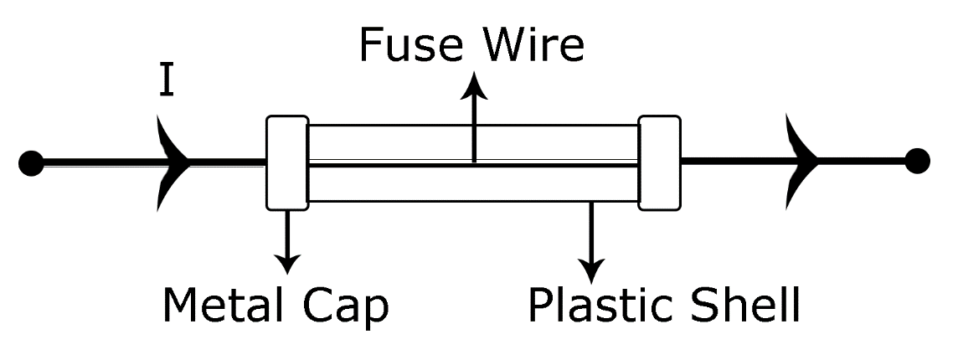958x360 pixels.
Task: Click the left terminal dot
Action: (x=31, y=162)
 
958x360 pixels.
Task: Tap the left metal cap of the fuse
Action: (x=287, y=162)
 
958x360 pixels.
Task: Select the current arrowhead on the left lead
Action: (x=173, y=162)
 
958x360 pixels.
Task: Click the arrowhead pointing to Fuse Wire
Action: (x=475, y=85)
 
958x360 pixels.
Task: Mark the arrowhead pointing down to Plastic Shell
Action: (x=592, y=270)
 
